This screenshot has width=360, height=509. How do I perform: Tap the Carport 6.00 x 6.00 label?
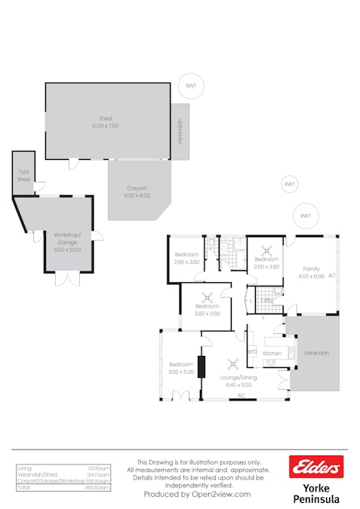click(137, 192)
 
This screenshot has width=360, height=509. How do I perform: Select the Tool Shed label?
click(23, 176)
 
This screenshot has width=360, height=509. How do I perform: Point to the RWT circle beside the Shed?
click(189, 87)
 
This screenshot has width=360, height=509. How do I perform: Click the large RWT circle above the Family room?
click(306, 216)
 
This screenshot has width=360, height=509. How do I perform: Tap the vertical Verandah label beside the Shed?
click(180, 132)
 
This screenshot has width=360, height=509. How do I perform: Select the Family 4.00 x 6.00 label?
click(312, 272)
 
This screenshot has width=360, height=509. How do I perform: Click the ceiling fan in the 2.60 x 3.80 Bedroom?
click(266, 253)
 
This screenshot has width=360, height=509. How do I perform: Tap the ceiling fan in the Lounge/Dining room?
click(233, 360)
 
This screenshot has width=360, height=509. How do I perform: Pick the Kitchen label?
click(272, 353)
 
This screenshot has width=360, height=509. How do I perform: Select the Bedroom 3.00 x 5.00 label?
click(181, 368)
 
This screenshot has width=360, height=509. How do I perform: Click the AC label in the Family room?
click(331, 275)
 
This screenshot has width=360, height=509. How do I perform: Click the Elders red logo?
click(316, 467)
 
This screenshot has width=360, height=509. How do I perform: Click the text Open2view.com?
click(212, 494)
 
